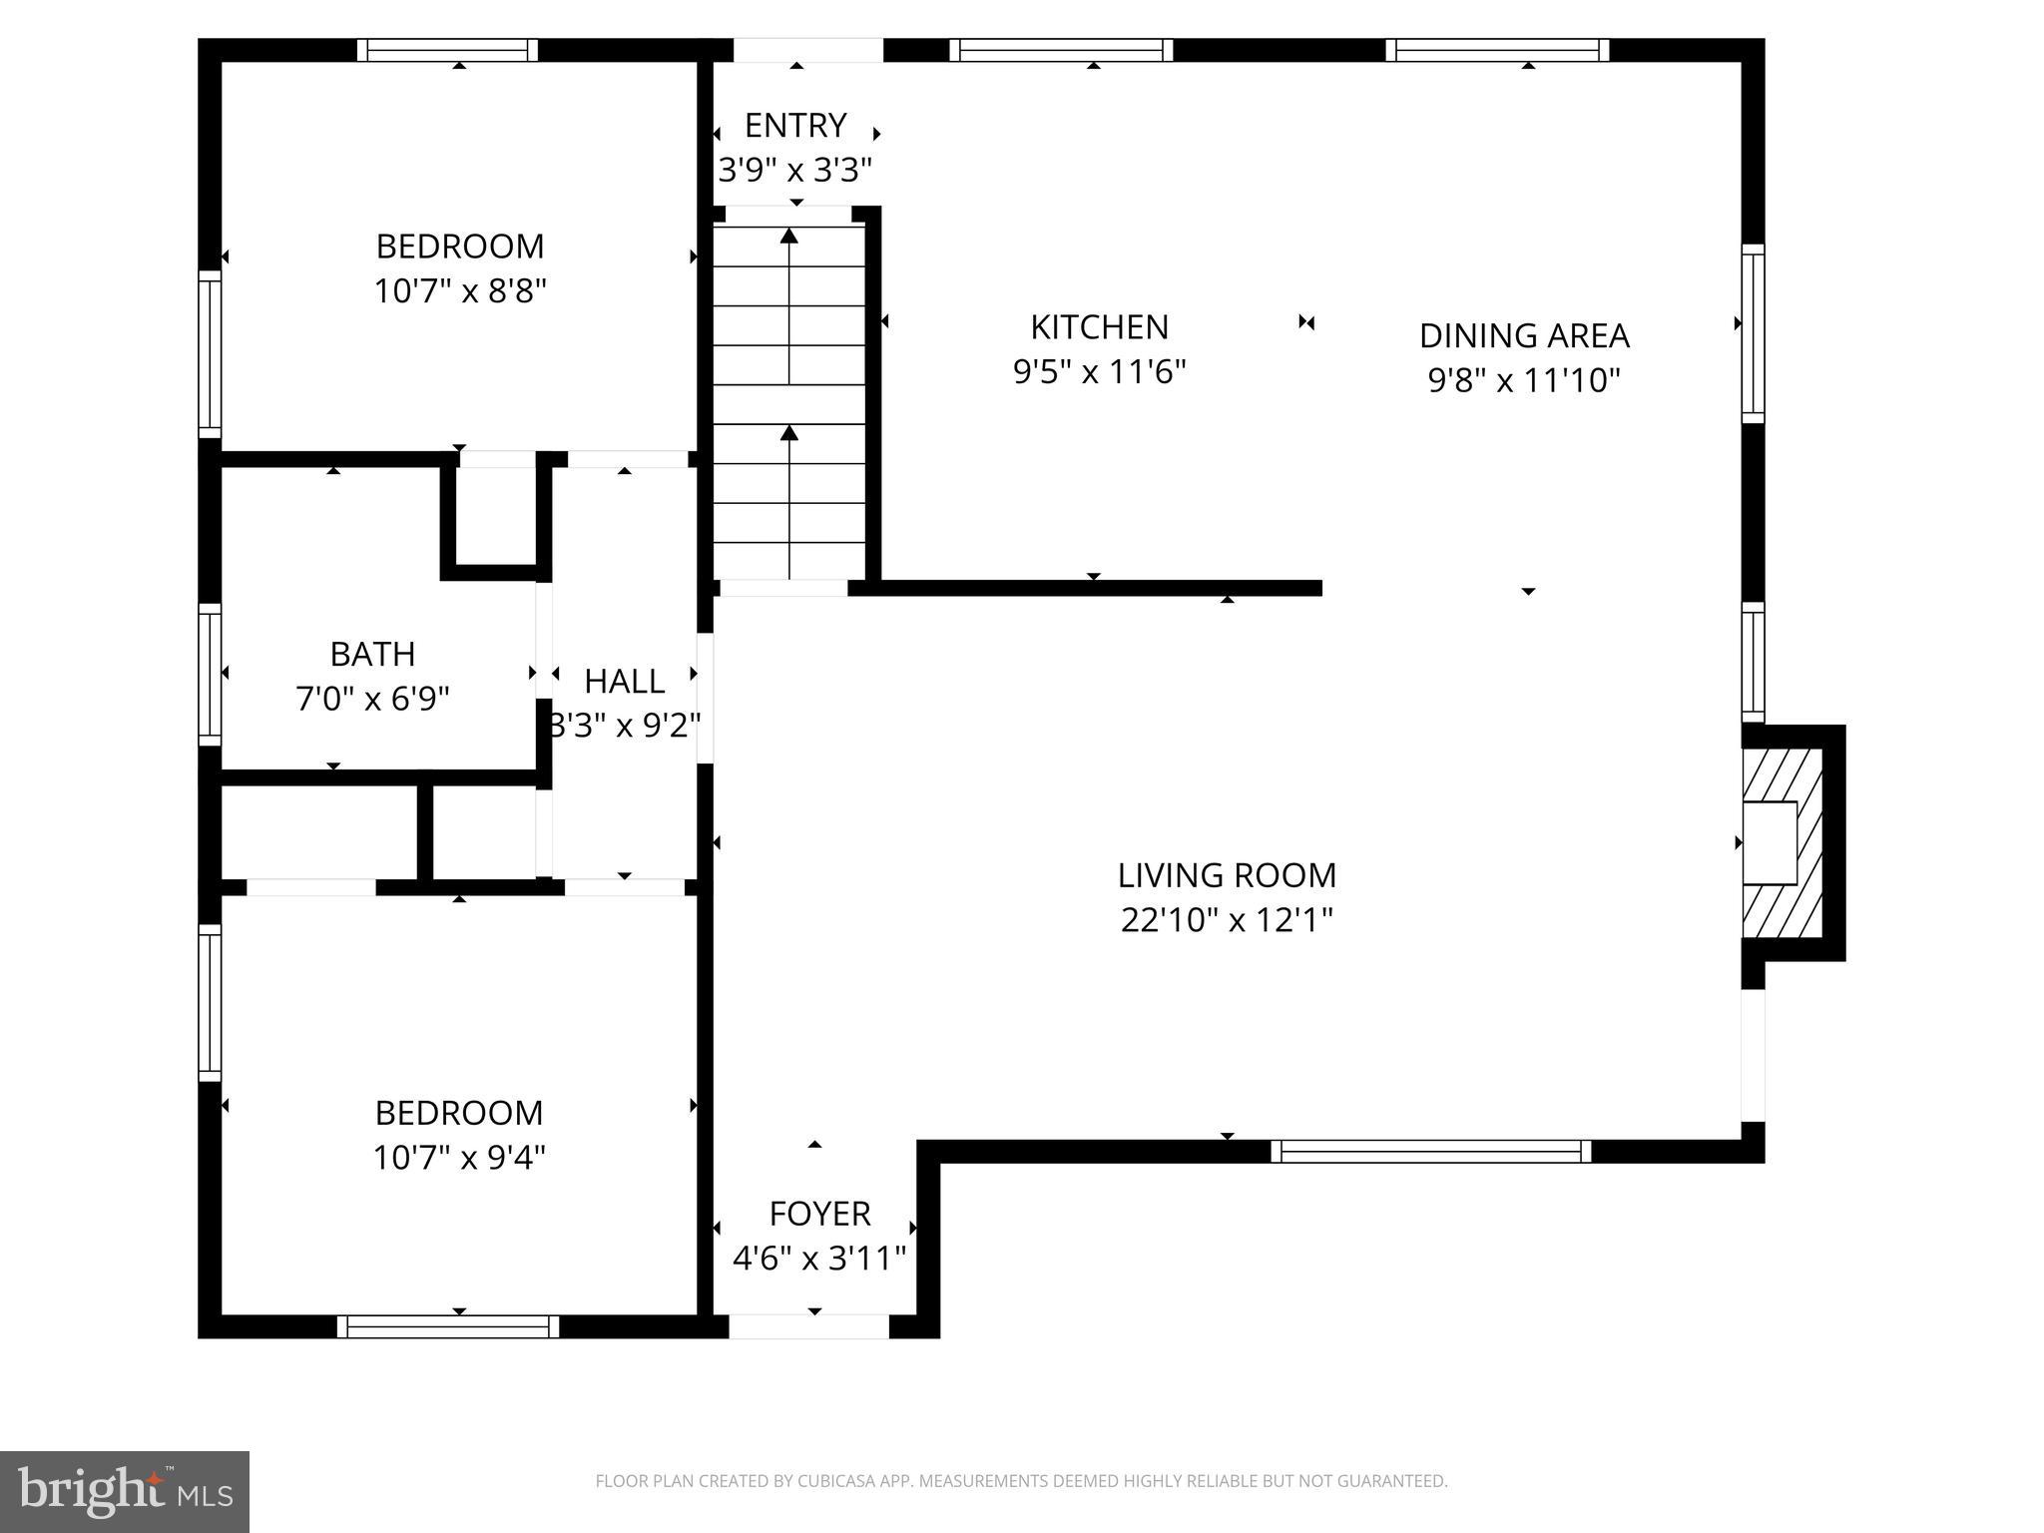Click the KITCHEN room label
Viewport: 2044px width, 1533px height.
(x=1099, y=327)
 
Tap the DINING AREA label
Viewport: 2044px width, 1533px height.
(x=1524, y=336)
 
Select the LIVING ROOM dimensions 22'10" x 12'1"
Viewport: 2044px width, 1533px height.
(x=1227, y=920)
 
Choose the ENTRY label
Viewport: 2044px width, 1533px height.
(x=795, y=126)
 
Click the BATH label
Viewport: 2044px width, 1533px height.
(x=372, y=655)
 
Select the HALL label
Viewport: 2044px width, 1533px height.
(x=624, y=682)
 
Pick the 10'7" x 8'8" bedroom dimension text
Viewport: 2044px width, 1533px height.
(x=460, y=292)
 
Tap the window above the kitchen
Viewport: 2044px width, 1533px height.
(x=1061, y=50)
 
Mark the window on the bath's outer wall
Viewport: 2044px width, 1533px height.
(x=210, y=674)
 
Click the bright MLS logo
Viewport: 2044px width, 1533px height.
(x=125, y=1491)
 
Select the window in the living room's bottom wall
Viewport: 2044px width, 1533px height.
(x=1431, y=1152)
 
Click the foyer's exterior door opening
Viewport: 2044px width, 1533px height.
(x=809, y=1326)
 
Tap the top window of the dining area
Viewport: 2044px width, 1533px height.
(x=1497, y=50)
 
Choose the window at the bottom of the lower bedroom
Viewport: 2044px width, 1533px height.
(x=448, y=1326)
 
